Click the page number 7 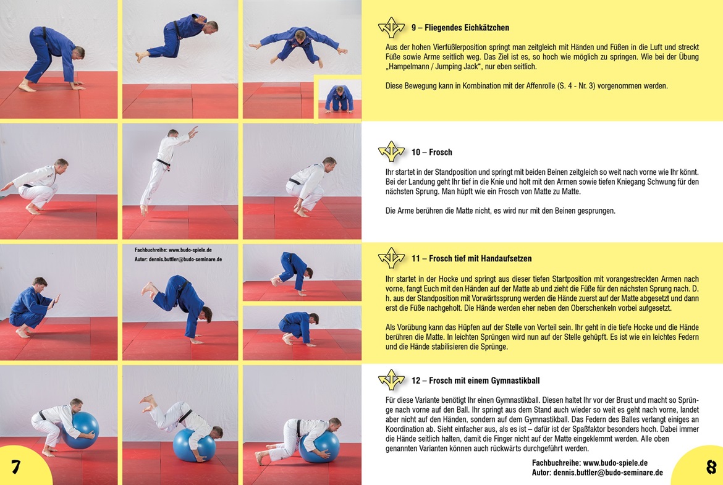(16, 467)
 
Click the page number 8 (711, 467)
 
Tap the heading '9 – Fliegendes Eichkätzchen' (460, 28)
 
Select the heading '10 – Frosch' (431, 152)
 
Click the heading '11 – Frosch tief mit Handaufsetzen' (471, 259)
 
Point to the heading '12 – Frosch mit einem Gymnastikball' (475, 381)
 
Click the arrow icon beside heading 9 (391, 28)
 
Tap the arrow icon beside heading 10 (391, 151)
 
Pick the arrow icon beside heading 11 (391, 258)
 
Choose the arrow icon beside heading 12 (391, 380)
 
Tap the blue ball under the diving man (194, 445)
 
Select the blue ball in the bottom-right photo (319, 447)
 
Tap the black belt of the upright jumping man (163, 163)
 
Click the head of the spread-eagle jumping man (300, 35)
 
